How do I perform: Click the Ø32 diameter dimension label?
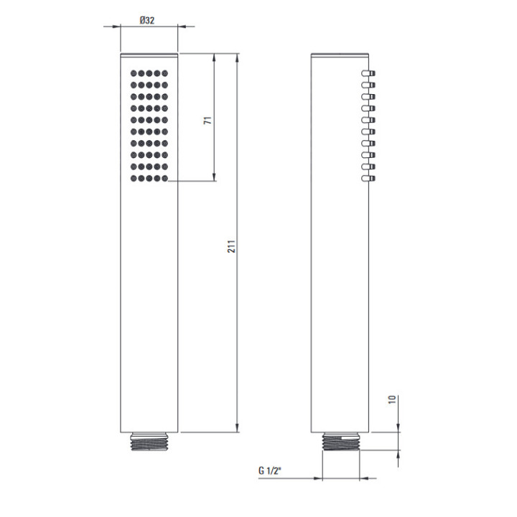point(147,20)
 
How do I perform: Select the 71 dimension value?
point(208,120)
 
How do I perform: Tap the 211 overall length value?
point(232,246)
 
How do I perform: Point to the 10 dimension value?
point(392,400)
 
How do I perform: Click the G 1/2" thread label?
point(270,470)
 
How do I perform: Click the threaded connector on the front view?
point(149,442)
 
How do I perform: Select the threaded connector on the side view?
point(340,442)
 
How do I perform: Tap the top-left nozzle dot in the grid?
point(134,73)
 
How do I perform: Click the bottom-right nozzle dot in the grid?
point(165,178)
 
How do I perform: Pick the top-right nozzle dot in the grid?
point(165,73)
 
